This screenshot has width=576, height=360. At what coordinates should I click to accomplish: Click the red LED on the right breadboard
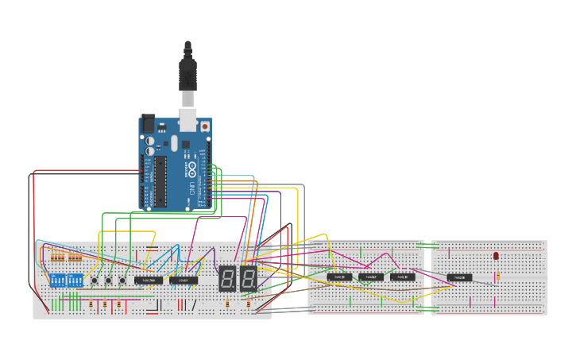click(496, 256)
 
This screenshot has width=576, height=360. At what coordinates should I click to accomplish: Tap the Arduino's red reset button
click(205, 126)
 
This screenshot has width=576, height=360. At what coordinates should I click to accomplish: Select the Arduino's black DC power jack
click(149, 124)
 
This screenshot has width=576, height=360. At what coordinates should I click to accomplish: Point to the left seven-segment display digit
click(227, 278)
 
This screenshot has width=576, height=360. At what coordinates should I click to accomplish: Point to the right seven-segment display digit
click(248, 278)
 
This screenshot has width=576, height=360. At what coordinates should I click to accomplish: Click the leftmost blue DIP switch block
click(57, 281)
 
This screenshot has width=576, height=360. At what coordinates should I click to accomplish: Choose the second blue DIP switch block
click(75, 281)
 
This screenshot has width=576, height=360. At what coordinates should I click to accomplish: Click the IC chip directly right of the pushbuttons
click(149, 280)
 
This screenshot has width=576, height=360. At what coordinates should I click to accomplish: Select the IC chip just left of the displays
click(184, 280)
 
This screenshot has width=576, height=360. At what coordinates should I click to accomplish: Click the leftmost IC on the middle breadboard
click(339, 277)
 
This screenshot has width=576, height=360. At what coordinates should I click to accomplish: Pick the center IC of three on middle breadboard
click(371, 277)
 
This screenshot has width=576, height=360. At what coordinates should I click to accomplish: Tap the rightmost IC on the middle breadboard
click(402, 277)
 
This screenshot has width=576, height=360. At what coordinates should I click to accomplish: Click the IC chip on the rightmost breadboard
click(459, 277)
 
